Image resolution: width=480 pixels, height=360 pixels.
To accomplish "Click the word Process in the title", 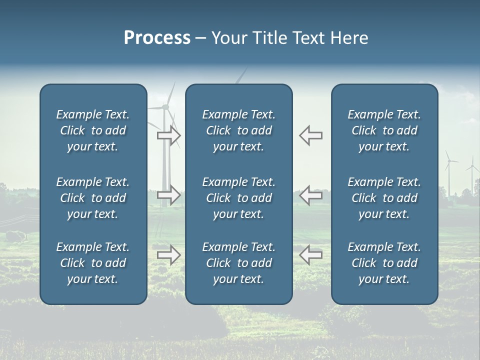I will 157,38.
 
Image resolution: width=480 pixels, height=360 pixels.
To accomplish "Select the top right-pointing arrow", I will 169,135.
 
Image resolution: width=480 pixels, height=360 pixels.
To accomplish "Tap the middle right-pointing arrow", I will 169,194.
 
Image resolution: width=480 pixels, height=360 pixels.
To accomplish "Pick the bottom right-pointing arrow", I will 169,255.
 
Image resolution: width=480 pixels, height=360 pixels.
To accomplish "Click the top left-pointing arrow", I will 310,135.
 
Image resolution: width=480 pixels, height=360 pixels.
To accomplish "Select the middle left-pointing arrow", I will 310,194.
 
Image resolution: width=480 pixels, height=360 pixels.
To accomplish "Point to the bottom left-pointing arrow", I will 310,255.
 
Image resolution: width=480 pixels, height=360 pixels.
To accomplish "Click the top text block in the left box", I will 93,130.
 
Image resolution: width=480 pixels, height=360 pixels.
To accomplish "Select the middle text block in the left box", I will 93,198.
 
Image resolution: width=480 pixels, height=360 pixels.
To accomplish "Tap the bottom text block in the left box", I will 93,263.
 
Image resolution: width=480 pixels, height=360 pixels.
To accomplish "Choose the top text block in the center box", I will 238,130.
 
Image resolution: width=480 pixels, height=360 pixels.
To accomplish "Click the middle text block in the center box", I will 238,198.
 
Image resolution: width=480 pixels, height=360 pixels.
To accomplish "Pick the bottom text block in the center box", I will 238,263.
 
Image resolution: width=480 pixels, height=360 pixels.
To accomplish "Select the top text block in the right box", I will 384,130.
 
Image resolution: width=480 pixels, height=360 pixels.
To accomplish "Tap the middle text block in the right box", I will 384,198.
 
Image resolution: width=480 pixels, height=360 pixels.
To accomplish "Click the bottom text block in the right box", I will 384,263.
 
